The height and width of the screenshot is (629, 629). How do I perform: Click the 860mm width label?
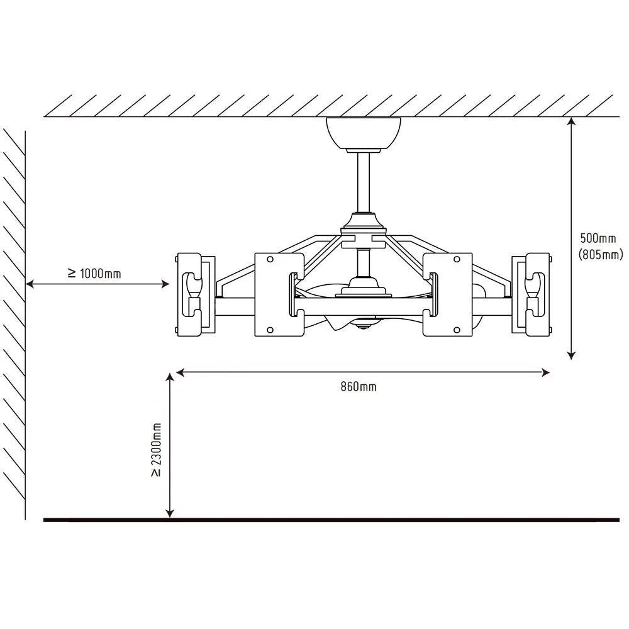pyautogui.click(x=359, y=387)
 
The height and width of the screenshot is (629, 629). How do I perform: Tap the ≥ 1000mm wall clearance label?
pyautogui.click(x=95, y=274)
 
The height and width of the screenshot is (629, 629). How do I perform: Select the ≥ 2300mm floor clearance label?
pyautogui.click(x=156, y=450)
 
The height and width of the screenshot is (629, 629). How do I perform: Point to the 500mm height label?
pyautogui.click(x=598, y=238)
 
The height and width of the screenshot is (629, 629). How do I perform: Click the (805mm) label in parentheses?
pyautogui.click(x=601, y=254)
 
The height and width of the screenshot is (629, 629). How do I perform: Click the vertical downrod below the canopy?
pyautogui.click(x=364, y=182)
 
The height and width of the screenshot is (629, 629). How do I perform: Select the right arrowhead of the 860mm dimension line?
pyautogui.click(x=545, y=372)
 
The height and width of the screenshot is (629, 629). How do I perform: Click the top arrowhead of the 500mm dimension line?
pyautogui.click(x=572, y=121)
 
